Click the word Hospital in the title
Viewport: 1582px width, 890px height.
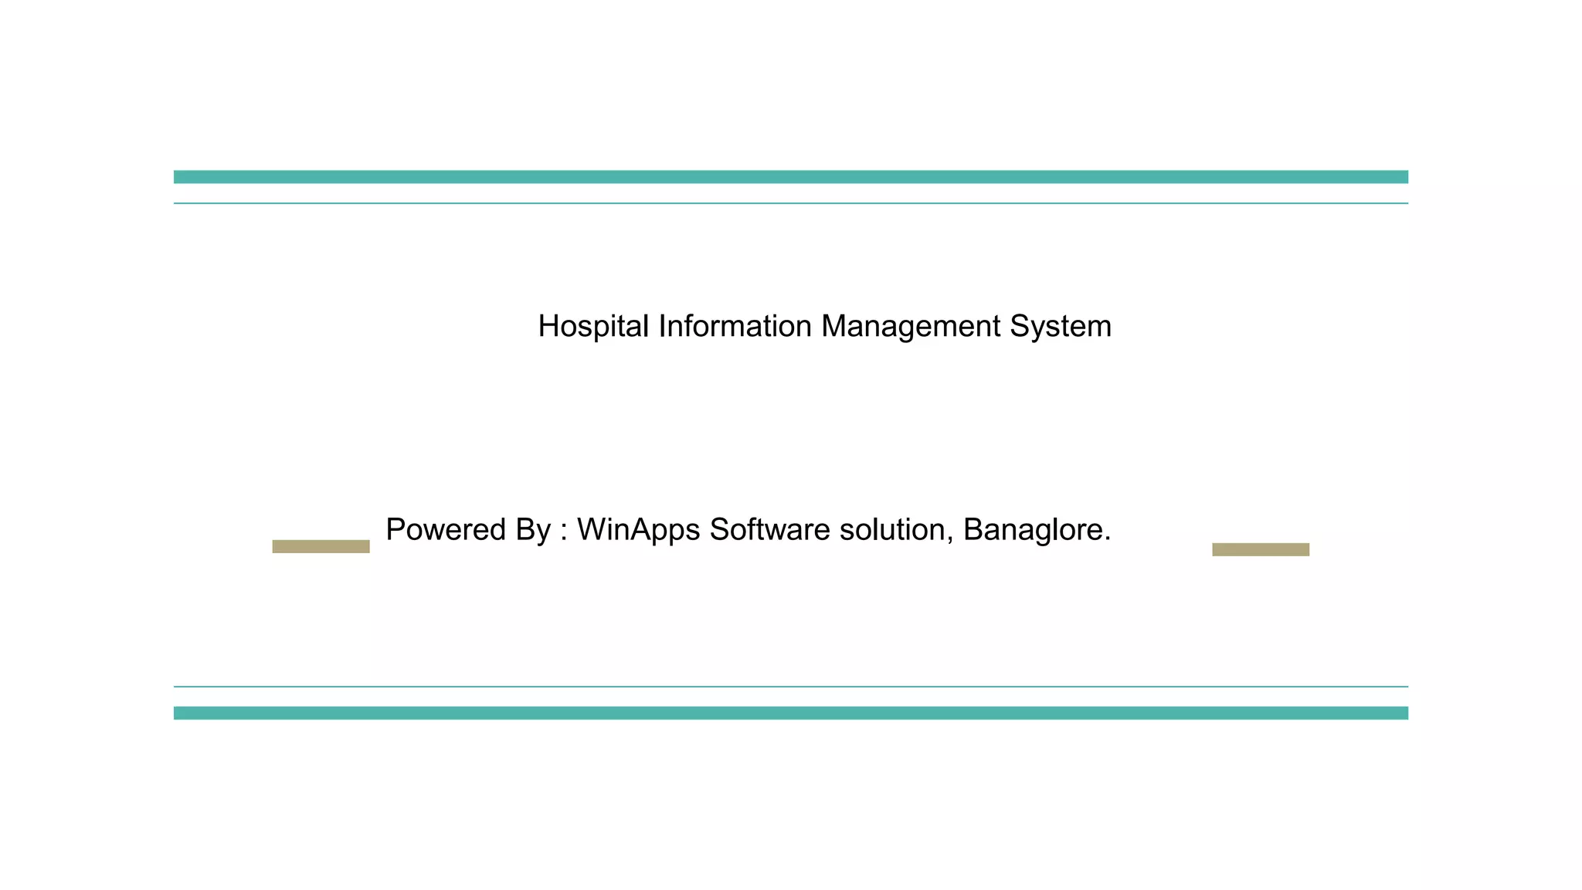point(592,327)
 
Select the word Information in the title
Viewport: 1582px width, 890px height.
point(735,327)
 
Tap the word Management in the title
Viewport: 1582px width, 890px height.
point(911,327)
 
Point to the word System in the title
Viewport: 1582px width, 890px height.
point(1061,327)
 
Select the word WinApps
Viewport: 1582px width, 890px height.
point(638,530)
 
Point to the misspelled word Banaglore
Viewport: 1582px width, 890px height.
point(1033,530)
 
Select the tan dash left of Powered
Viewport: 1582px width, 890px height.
point(321,546)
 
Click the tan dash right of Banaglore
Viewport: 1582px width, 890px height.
point(1261,549)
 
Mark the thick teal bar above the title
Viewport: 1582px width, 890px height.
point(791,177)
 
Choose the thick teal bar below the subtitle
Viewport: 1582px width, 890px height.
point(791,713)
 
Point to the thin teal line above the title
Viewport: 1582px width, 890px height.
point(791,203)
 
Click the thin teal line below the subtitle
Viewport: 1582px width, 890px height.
point(791,686)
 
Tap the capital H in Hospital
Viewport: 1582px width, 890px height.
point(548,327)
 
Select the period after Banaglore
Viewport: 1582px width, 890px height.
point(1108,539)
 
